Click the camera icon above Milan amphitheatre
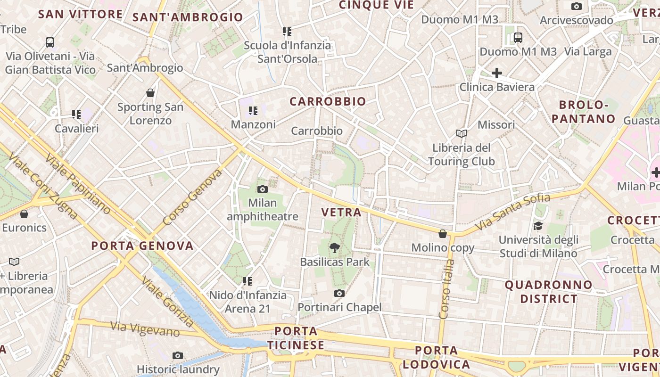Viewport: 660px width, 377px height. click(x=263, y=189)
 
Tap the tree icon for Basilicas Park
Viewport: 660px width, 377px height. click(x=334, y=247)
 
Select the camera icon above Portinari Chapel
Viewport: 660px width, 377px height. click(x=339, y=293)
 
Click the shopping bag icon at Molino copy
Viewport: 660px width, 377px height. click(x=443, y=233)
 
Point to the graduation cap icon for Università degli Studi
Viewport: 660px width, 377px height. click(x=538, y=226)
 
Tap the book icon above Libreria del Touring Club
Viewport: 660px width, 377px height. click(x=461, y=133)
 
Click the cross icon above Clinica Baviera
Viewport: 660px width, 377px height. click(x=496, y=73)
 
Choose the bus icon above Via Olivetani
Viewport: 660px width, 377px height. click(x=50, y=42)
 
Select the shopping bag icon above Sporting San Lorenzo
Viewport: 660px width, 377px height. click(x=150, y=92)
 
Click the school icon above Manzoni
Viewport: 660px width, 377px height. click(x=253, y=111)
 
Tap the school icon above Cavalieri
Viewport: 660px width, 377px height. click(x=76, y=114)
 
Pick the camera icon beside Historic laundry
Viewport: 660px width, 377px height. click(x=178, y=355)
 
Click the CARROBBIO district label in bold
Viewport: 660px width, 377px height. click(x=328, y=101)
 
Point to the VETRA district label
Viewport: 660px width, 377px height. click(x=341, y=212)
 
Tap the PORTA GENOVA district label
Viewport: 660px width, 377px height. click(x=142, y=246)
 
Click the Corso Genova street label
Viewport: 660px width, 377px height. click(x=192, y=197)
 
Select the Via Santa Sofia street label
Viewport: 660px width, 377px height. click(x=512, y=212)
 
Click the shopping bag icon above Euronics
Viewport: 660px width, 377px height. click(x=24, y=213)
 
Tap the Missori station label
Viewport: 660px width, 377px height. click(x=496, y=125)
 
